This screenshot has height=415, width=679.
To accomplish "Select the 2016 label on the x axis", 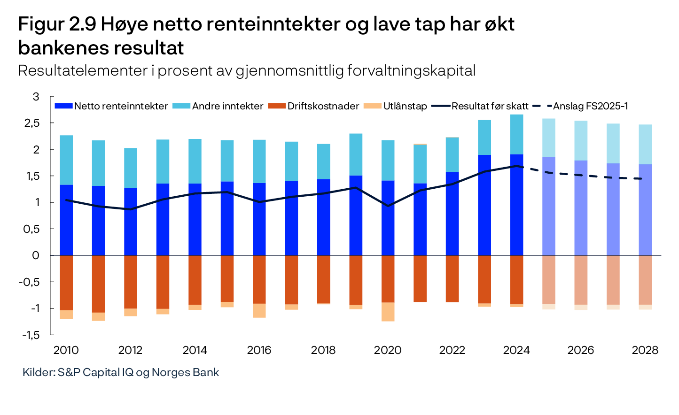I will tap(259, 350).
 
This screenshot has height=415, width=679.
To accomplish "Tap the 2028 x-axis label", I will tap(645, 350).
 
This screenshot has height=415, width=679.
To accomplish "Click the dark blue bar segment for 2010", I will tap(66, 221).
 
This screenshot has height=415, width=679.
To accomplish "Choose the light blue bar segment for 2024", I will tap(516, 134).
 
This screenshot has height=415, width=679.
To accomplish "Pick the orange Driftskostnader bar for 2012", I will tap(131, 282).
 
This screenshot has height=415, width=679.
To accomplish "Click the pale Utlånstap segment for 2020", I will tap(388, 312).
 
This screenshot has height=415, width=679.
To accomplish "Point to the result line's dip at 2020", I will tap(388, 206).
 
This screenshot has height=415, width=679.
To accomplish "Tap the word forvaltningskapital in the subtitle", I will tap(411, 70).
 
